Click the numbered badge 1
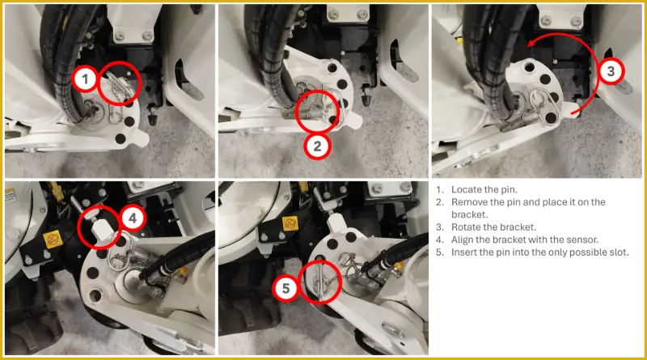86,78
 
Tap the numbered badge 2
317,146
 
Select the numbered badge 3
611,71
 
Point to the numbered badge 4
133,218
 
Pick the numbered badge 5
286,288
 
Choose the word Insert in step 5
464,252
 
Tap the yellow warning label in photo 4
53,239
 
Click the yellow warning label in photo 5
290,224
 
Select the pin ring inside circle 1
118,85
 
